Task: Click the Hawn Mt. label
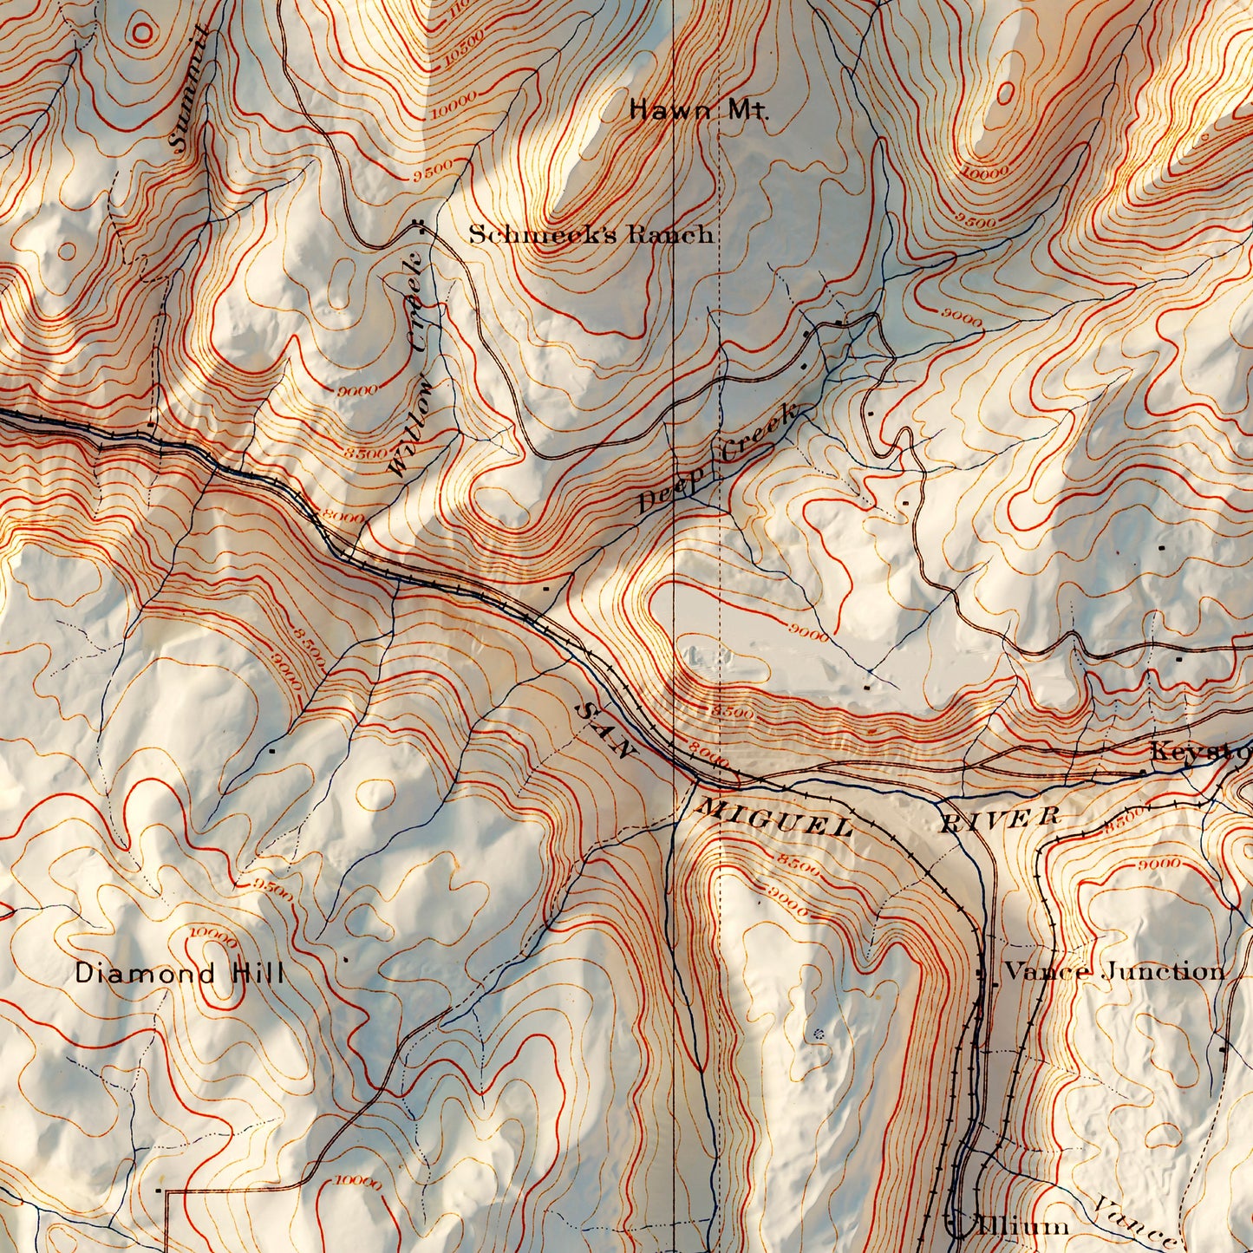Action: tap(698, 110)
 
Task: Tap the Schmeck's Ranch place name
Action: tap(591, 234)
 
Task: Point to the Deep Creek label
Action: tap(718, 457)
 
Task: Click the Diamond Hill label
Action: tap(179, 973)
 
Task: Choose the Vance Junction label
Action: tap(1114, 971)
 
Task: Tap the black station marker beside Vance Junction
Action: tap(981, 973)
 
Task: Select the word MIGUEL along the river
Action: tap(774, 818)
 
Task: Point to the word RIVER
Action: tap(1000, 818)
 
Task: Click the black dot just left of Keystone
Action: tap(1142, 772)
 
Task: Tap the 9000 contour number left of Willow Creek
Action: tap(358, 391)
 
